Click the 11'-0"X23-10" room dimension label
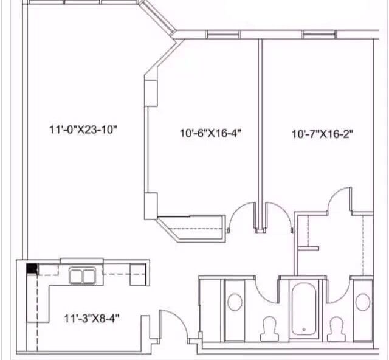(83, 130)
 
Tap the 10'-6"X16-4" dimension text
(211, 133)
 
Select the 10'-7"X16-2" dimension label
(322, 134)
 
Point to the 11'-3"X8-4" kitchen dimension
(92, 318)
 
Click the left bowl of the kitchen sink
(75, 276)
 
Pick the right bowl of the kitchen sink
(89, 276)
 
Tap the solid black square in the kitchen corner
(32, 269)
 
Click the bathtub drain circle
(304, 330)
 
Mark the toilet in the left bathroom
(270, 329)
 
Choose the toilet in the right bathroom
(337, 329)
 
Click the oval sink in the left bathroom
(235, 302)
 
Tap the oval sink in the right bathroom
(363, 302)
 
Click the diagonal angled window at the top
(157, 17)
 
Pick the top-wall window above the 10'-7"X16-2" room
(320, 34)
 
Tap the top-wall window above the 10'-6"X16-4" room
(223, 34)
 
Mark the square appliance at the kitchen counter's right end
(138, 275)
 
